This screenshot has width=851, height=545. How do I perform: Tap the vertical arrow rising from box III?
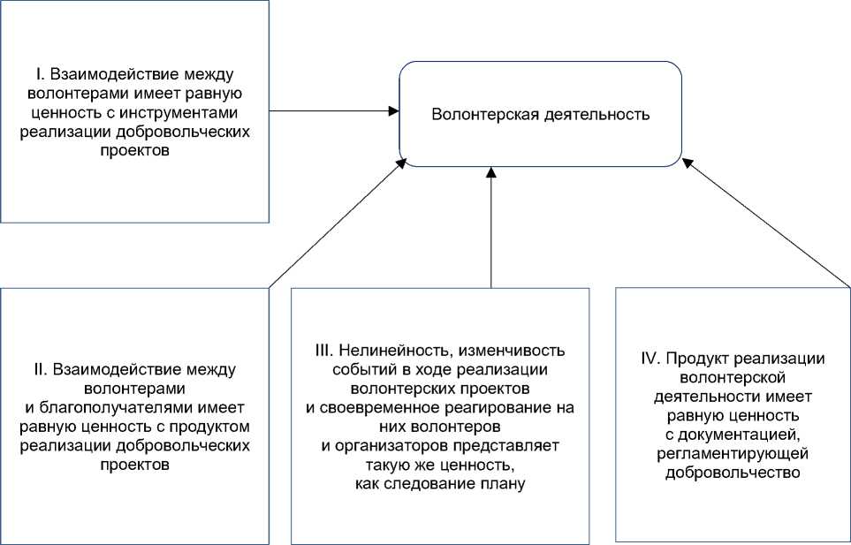(491, 230)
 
